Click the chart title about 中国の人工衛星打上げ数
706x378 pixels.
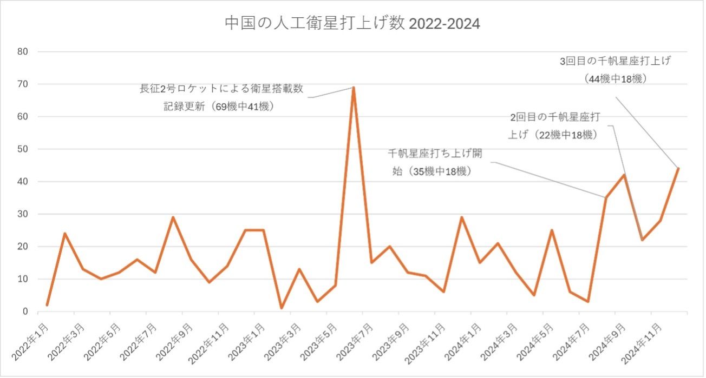coord(352,24)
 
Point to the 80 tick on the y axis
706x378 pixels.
coord(24,52)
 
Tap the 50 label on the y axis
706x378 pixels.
coord(24,149)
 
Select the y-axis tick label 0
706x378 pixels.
coord(25,311)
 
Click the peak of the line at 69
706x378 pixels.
coord(354,88)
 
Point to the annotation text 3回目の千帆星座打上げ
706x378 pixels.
coord(616,61)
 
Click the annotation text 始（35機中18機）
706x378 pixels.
coord(434,171)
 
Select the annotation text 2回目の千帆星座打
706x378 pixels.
coord(555,117)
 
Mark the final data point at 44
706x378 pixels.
coord(678,168)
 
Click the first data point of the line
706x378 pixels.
coord(47,305)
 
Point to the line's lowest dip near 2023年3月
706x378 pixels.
coord(282,308)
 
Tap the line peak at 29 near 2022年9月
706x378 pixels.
coord(173,217)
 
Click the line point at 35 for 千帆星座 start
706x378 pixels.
coord(606,198)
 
